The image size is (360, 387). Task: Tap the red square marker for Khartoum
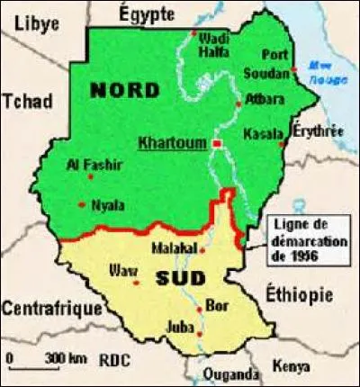(216, 143)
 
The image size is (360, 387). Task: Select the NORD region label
(126, 91)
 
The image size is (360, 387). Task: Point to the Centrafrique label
(51, 310)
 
